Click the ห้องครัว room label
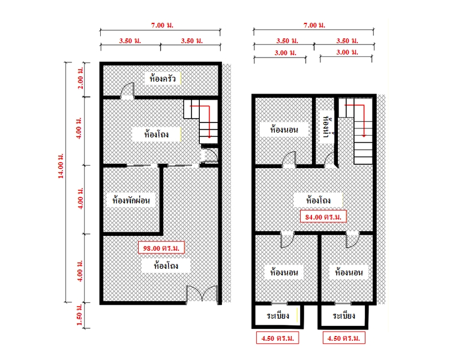coord(162,79)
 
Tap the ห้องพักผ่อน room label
coord(131,200)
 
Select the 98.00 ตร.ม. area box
coord(161,248)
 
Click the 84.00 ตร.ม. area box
coord(323,217)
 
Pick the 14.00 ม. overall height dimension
coord(61,166)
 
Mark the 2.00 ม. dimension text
coord(80,78)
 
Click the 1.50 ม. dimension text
coord(80,314)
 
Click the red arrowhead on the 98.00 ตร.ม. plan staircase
coord(209,136)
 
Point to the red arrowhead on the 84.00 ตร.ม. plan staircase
coord(364,136)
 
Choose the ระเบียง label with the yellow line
coord(278,316)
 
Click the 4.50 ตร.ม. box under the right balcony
coord(344,338)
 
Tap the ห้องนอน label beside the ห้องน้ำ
coord(284,130)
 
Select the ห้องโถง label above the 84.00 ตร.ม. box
coord(318,200)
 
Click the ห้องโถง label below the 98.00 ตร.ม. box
coord(166,266)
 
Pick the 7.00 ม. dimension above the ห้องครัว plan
coord(162,25)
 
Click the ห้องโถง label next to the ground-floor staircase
coord(156,134)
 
